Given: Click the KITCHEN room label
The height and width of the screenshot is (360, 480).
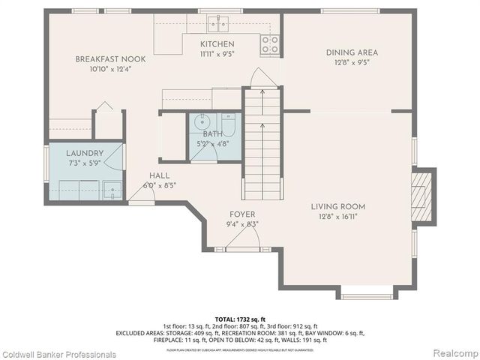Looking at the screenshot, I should pos(217,44).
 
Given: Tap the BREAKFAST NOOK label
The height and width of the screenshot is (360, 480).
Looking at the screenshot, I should pos(110,58).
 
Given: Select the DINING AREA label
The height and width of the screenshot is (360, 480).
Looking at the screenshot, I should pos(352,52).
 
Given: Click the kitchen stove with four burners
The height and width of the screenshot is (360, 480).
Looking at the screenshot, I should pos(269,44).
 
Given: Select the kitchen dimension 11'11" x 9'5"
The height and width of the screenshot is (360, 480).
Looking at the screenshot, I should pos(217,54).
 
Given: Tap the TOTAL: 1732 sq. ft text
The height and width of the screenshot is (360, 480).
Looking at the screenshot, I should pos(240,318).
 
